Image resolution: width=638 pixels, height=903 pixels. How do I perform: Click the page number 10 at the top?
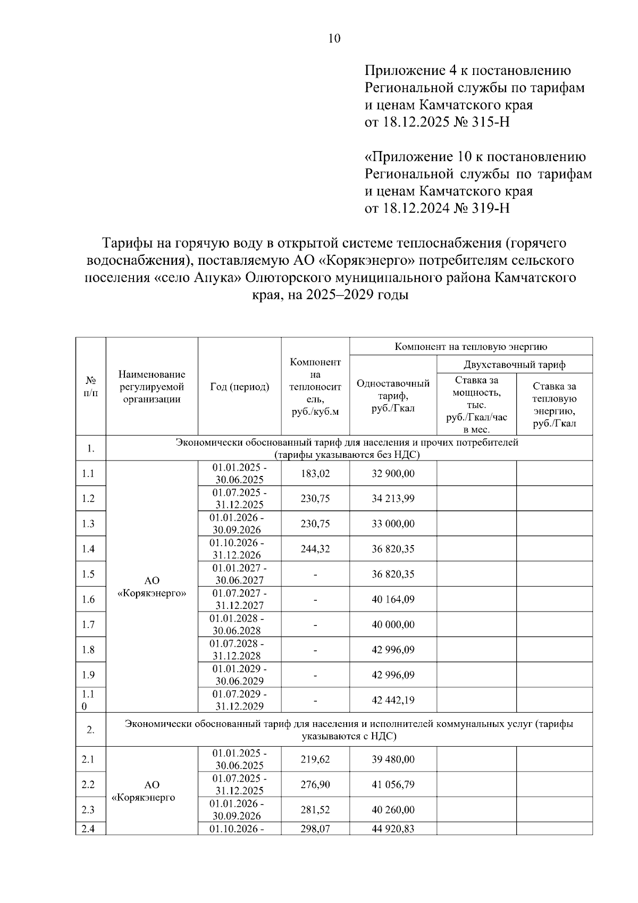point(334,38)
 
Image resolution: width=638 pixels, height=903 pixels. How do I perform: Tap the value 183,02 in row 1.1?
point(315,473)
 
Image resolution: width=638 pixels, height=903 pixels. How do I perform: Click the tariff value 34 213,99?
point(393,498)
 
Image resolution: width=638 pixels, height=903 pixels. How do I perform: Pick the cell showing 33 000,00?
point(393,524)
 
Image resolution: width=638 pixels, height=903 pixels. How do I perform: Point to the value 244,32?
point(315,549)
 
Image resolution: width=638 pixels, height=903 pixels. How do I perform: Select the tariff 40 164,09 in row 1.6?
point(393,599)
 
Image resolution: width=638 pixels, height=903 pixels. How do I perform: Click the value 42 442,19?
point(393,700)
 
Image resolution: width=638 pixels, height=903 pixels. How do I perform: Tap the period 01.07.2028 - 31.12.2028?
point(239,649)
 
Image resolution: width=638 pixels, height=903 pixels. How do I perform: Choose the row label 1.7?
point(88,624)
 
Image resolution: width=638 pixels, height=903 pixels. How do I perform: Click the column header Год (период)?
point(239,387)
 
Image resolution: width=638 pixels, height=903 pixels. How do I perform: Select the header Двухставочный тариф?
point(514,365)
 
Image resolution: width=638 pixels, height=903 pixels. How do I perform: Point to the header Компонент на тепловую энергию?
point(471,347)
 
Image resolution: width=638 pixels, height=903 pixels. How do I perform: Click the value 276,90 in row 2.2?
point(315,784)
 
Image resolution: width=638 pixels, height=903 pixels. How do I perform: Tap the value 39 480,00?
point(393,759)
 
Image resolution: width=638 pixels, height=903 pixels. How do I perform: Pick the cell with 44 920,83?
point(393,829)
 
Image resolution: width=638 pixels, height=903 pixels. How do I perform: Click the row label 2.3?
point(88,810)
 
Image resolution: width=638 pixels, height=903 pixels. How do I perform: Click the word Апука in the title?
point(213,278)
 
